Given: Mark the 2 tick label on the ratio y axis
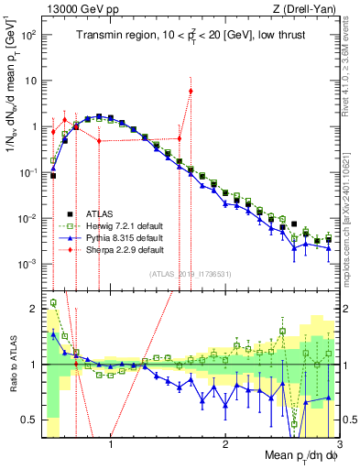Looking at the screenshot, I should coord(34,309).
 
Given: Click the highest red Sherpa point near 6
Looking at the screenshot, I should coord(191,91).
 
